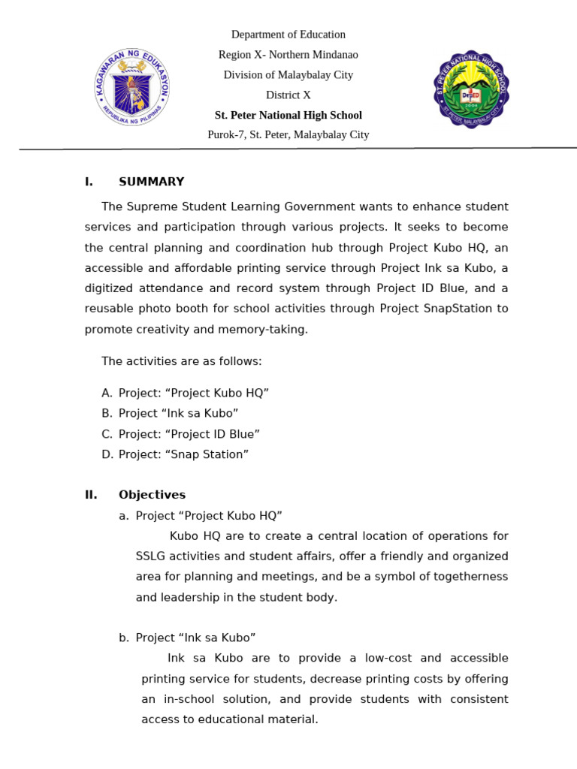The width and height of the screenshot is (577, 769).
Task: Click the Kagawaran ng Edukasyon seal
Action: point(132,87)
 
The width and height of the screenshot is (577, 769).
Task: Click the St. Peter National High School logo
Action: point(471,89)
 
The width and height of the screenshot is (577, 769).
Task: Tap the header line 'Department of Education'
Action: point(288,35)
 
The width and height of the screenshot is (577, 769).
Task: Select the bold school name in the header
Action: point(288,116)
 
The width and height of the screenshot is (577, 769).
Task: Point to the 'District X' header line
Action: point(288,95)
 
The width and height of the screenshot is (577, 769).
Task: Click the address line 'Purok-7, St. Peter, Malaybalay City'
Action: point(288,135)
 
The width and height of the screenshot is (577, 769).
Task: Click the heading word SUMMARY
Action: point(151,182)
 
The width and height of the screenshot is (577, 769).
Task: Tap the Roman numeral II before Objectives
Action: point(91,495)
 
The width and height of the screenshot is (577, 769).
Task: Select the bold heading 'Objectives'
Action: point(152,495)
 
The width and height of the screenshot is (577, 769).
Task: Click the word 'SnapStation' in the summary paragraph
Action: point(458,309)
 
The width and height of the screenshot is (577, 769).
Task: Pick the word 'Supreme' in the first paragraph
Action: point(150,207)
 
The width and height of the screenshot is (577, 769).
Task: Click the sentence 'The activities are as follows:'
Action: point(182,361)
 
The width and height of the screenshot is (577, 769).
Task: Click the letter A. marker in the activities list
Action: point(107,393)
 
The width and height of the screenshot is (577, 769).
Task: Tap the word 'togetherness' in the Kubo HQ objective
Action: point(472,577)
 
